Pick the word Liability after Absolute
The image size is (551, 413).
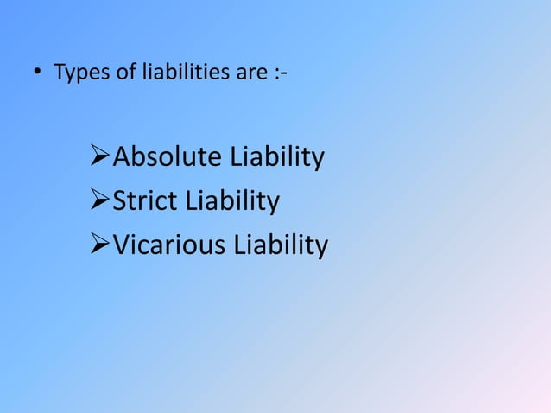pyautogui.click(x=275, y=159)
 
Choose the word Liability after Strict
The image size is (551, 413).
pyautogui.click(x=230, y=203)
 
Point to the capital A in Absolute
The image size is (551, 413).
pyautogui.click(x=123, y=158)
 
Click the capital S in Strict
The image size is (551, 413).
pyautogui.click(x=121, y=202)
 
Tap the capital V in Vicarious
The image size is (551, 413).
pyautogui.click(x=123, y=246)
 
